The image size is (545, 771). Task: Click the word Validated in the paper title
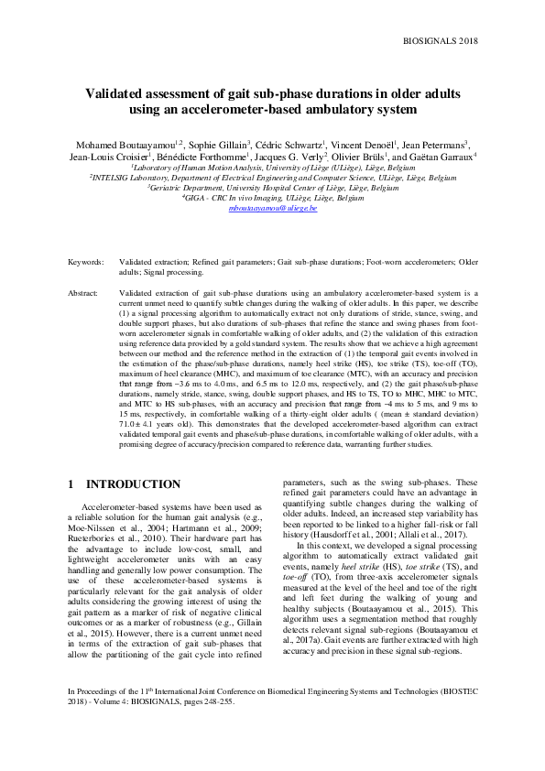(x=119, y=92)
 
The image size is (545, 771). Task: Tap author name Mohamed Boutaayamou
(x=117, y=145)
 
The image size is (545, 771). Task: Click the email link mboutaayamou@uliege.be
(x=272, y=208)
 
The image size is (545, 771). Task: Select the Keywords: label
(x=86, y=262)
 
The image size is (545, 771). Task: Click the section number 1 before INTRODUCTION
(x=71, y=482)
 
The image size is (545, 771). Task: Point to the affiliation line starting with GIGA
(x=273, y=197)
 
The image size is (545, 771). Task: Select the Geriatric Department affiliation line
(x=273, y=187)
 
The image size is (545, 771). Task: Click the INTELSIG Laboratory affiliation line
(x=273, y=178)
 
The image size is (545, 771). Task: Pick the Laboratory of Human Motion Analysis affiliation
(x=273, y=168)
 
